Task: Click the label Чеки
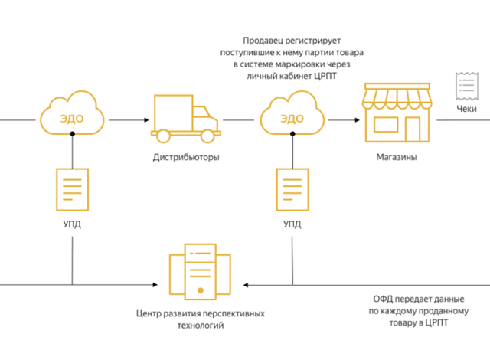(465, 109)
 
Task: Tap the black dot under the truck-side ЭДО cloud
(72, 133)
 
